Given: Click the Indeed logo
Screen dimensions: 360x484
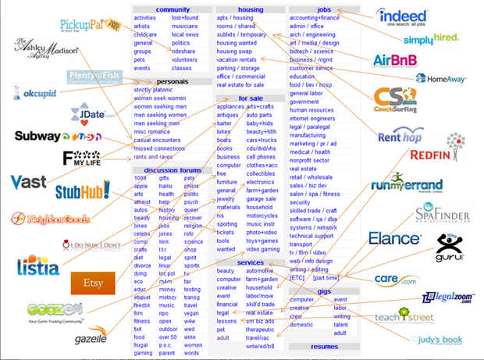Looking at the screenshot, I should [401, 16].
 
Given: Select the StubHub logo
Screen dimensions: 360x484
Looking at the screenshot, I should [82, 190].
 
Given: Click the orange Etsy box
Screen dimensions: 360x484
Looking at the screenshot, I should [93, 283].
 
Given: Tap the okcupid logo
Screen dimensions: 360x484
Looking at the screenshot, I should [36, 93].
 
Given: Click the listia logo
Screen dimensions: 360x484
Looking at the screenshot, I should [37, 266].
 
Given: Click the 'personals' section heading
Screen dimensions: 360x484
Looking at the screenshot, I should [173, 81].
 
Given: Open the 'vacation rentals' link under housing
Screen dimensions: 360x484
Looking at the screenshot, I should [237, 60].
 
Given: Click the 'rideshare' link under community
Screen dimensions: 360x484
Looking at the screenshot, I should [184, 52].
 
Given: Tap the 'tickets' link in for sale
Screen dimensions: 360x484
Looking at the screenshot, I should [226, 232].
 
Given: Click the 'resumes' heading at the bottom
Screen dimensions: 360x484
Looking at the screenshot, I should [324, 346].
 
